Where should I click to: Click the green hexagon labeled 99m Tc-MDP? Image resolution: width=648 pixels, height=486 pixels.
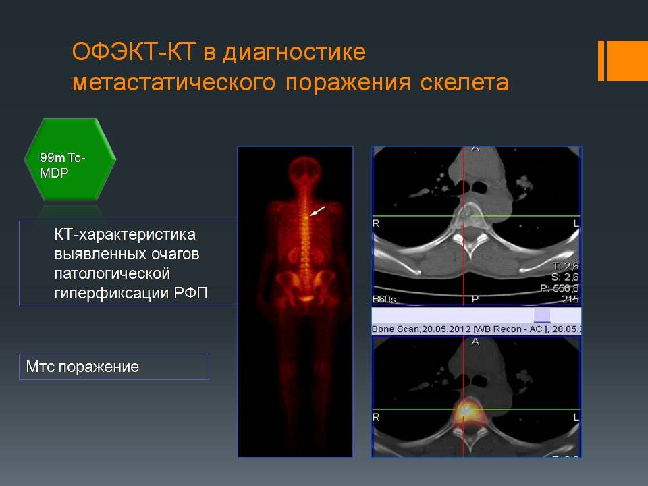(x=70, y=159)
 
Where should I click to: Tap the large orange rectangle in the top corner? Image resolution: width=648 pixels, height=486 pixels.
(x=627, y=60)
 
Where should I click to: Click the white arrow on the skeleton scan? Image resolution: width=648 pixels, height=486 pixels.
(x=318, y=211)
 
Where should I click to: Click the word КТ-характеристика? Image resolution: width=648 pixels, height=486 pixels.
(x=124, y=234)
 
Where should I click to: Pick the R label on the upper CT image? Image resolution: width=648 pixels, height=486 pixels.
(x=376, y=223)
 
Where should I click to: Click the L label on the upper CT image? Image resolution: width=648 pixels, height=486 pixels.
(x=576, y=223)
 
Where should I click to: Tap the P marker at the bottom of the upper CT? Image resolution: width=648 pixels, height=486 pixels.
(x=475, y=298)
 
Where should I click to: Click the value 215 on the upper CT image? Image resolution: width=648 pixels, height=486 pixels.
(x=570, y=298)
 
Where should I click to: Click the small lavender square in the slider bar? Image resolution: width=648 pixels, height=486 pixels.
(x=541, y=315)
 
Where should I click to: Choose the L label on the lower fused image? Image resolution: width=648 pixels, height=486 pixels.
(x=576, y=417)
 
